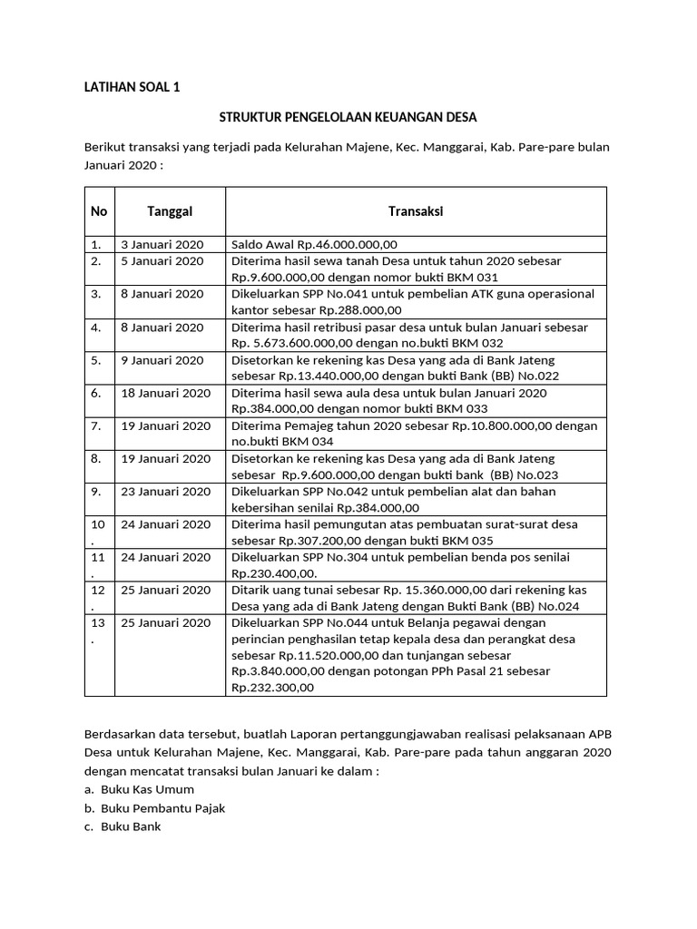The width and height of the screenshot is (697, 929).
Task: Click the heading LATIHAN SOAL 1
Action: tap(133, 88)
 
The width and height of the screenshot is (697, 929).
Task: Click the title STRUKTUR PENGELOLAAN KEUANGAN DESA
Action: tap(348, 117)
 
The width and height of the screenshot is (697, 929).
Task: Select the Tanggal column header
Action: tap(170, 211)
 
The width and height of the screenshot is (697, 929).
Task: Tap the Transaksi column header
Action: tap(416, 211)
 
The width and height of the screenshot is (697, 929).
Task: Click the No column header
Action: tap(99, 211)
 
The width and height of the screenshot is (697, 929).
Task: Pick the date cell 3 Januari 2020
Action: tap(162, 245)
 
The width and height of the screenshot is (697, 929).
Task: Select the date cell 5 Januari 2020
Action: tap(162, 261)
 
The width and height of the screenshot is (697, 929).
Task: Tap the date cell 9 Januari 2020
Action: tap(162, 360)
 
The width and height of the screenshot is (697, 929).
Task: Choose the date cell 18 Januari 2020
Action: tap(164, 393)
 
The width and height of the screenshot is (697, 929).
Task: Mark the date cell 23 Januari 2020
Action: tap(164, 492)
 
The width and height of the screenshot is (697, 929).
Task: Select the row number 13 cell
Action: tap(97, 630)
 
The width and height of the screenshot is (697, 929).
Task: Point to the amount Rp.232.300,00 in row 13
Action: tap(273, 688)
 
